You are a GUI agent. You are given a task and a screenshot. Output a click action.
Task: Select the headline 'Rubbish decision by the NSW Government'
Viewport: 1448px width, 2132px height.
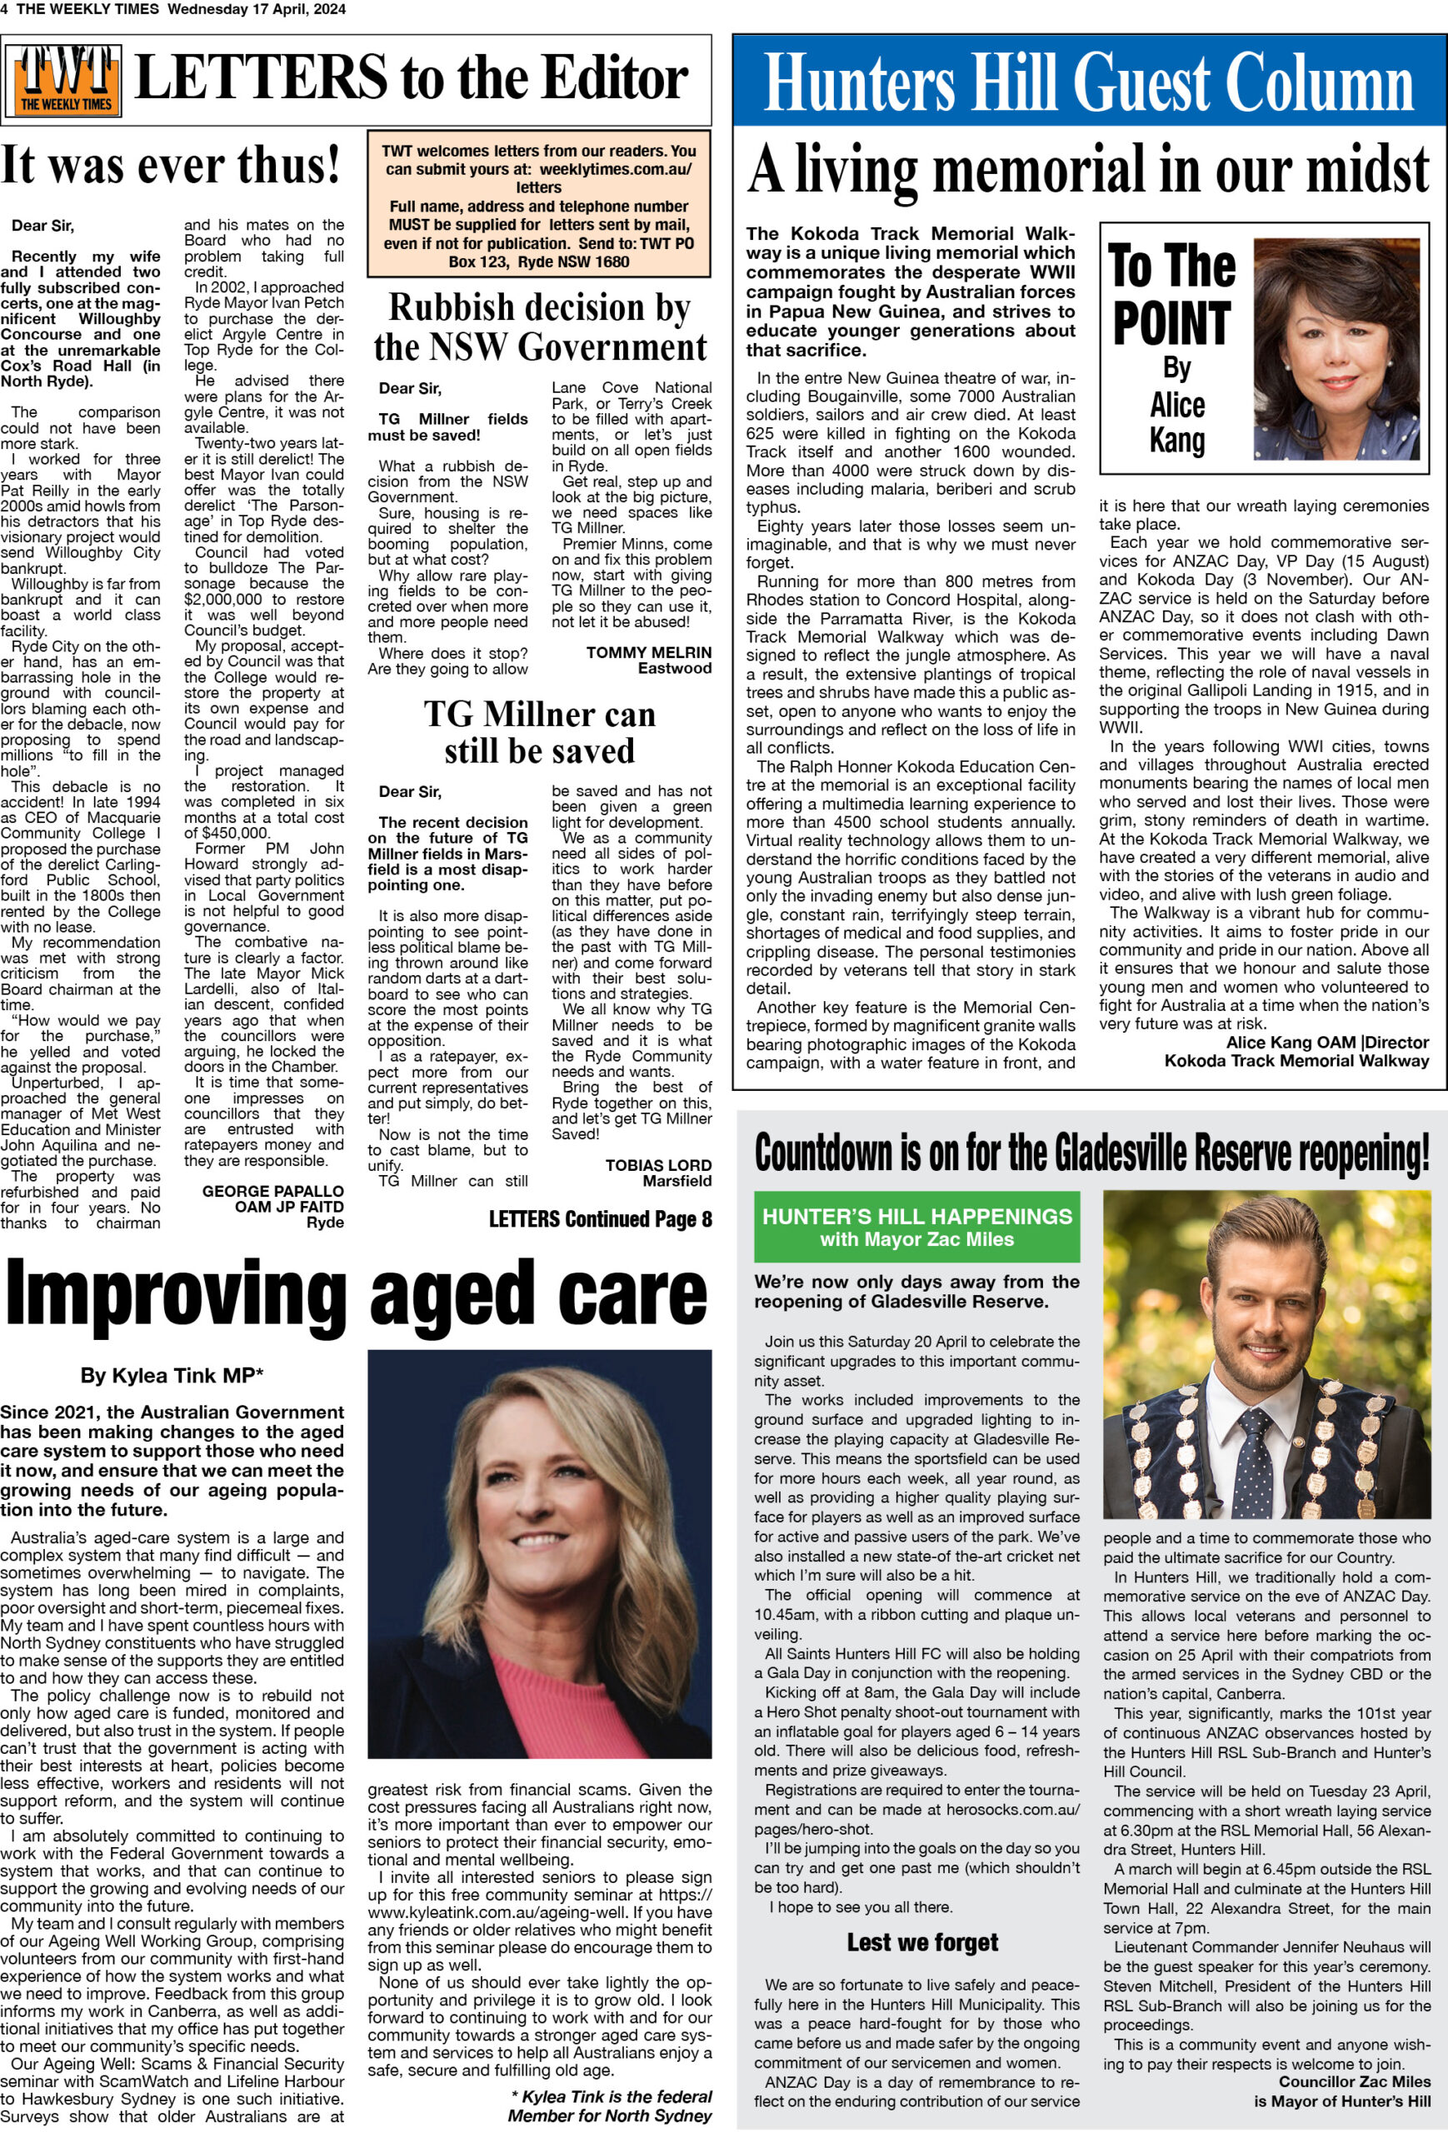click(540, 327)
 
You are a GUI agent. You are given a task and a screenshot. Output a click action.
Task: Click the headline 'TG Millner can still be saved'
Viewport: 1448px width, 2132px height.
click(540, 732)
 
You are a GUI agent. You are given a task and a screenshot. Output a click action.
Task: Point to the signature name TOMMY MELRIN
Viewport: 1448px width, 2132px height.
click(649, 653)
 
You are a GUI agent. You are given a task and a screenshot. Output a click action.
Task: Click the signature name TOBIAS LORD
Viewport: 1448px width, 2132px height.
click(658, 1165)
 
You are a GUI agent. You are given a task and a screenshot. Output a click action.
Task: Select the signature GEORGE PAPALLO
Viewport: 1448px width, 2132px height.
click(272, 1192)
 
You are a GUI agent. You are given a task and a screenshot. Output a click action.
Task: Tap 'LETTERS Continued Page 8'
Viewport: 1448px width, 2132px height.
click(599, 1219)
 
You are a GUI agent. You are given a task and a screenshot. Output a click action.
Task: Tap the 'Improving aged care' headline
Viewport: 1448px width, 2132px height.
click(356, 1293)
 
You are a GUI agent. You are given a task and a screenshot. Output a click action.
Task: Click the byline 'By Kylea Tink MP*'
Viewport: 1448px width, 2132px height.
click(172, 1375)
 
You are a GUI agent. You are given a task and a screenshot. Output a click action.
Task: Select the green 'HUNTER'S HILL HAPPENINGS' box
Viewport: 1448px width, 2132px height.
click(916, 1228)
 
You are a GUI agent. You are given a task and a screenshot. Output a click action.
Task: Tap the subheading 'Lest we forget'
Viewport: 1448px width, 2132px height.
click(921, 1942)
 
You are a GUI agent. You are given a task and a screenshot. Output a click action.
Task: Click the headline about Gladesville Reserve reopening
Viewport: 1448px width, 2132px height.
click(1091, 1154)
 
